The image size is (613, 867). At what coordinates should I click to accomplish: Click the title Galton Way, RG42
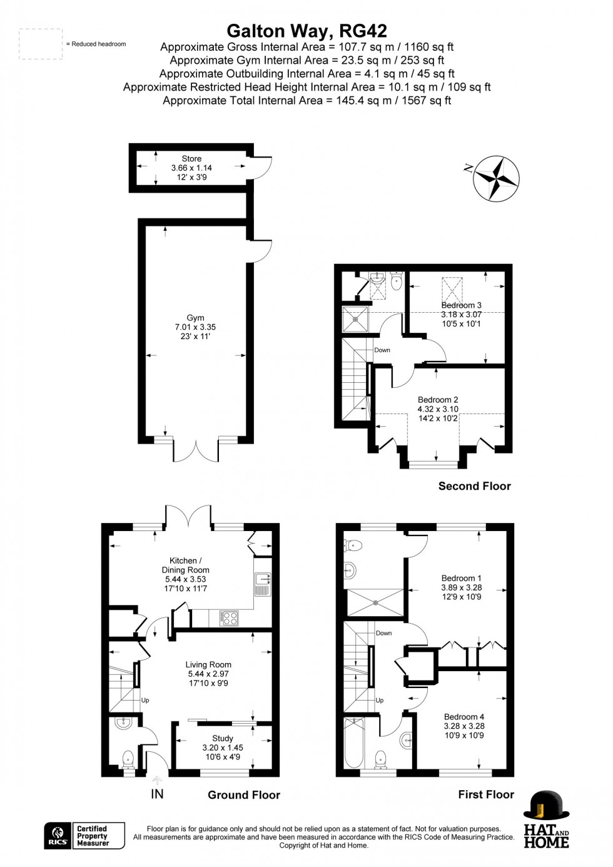306,31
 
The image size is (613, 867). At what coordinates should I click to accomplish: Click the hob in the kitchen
229,618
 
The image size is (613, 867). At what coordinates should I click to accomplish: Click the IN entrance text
157,794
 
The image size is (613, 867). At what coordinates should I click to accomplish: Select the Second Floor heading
474,486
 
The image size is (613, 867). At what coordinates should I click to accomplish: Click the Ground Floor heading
244,795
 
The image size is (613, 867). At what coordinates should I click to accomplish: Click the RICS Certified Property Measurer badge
84,836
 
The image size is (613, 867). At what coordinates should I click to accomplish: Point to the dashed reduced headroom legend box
41,44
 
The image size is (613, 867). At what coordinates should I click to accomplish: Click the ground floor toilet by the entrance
128,759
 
